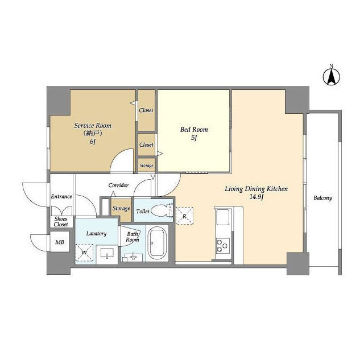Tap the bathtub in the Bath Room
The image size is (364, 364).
coord(157,243)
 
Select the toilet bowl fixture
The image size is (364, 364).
coord(160,211)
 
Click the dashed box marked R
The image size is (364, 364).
coord(184,216)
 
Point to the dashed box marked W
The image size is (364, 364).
coord(84,253)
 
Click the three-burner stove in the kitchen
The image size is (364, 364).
coord(223,246)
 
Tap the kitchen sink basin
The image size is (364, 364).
coord(222,217)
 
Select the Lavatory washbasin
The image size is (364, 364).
coord(107,253)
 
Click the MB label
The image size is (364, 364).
coord(60,242)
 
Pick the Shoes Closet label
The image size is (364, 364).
coord(61,222)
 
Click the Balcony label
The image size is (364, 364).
coord(322,198)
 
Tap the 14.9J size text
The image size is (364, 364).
coord(257,197)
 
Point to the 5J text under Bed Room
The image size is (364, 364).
coord(194,138)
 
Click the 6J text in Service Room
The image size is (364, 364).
coord(93,142)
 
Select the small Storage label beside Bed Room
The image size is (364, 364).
coord(147,166)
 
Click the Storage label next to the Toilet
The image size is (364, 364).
coord(121,209)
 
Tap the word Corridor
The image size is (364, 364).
coord(118,185)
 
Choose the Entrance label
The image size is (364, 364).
coord(61,196)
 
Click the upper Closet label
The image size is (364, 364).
coord(146,110)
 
